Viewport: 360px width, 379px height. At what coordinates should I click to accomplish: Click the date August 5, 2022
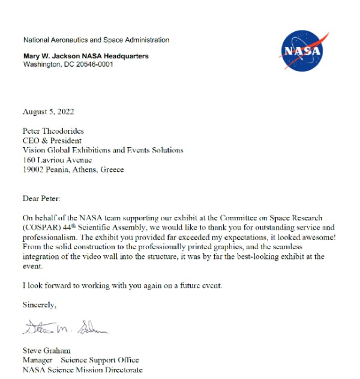(x=49, y=112)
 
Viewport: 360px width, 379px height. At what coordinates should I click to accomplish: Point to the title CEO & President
(x=52, y=141)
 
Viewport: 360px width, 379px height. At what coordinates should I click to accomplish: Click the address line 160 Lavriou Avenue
(x=58, y=160)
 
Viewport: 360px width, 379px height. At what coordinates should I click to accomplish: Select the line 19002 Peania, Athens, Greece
(x=73, y=169)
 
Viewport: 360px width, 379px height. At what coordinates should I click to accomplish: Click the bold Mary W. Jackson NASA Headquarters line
(x=86, y=56)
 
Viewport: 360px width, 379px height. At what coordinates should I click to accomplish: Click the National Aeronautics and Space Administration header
(x=96, y=40)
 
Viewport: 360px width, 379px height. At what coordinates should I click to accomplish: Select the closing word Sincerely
(x=40, y=305)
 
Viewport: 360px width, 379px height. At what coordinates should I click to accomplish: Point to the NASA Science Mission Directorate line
(x=83, y=370)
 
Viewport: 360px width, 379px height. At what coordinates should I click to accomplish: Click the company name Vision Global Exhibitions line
(x=103, y=150)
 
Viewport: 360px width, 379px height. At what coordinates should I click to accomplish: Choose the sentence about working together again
(x=122, y=285)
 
